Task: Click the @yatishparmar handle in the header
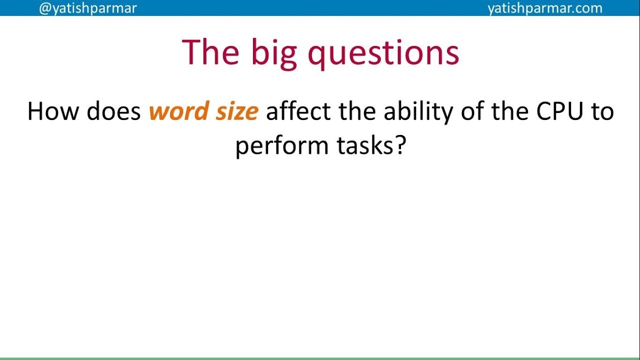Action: coord(87,8)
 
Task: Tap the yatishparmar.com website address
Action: coord(545,8)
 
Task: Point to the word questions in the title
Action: coord(383,52)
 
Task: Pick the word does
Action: coord(113,111)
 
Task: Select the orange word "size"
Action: coord(236,111)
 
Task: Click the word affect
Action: coord(298,111)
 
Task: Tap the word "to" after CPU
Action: coord(603,111)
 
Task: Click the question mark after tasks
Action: coord(398,145)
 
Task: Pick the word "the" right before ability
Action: coord(357,111)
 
